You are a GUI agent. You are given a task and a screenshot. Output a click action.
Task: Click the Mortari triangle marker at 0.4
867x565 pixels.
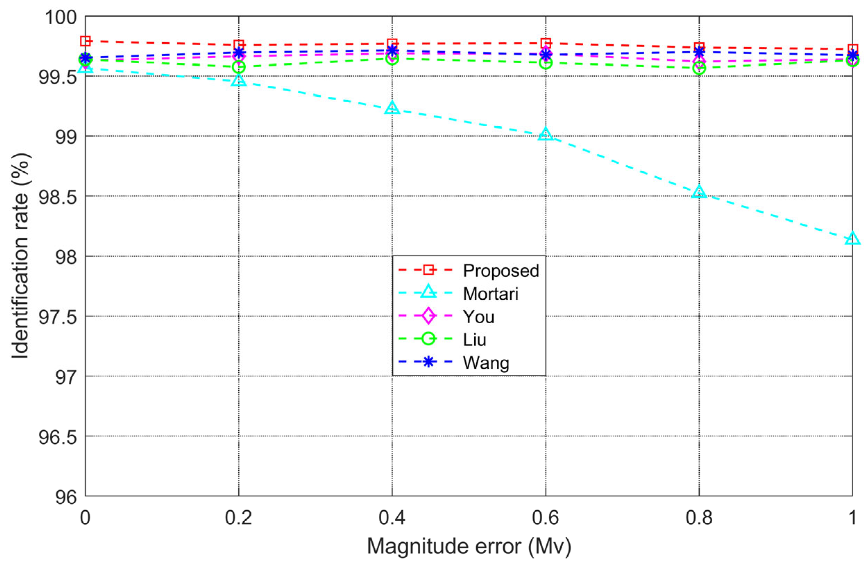click(x=392, y=108)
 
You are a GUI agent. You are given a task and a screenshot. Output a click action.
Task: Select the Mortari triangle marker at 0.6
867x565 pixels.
click(x=545, y=135)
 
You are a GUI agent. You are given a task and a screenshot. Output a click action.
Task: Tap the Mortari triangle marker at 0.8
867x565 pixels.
click(x=699, y=192)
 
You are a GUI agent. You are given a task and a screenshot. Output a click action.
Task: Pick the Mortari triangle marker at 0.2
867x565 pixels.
click(x=239, y=80)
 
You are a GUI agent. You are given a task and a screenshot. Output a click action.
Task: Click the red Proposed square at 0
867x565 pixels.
click(x=85, y=41)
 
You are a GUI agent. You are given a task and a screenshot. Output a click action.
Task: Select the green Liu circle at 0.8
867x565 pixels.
click(x=699, y=68)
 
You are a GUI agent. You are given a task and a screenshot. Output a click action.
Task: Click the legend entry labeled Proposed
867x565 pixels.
click(x=501, y=271)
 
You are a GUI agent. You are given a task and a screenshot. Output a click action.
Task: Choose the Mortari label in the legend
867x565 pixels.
click(x=490, y=294)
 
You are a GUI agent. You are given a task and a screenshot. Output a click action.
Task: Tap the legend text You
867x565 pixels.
click(x=478, y=317)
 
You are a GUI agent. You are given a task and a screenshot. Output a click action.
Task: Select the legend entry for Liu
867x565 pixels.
click(x=474, y=340)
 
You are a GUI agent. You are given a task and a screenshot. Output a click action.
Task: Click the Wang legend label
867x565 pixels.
click(x=486, y=363)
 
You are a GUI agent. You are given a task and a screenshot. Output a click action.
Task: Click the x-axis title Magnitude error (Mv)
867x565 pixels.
click(x=469, y=547)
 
